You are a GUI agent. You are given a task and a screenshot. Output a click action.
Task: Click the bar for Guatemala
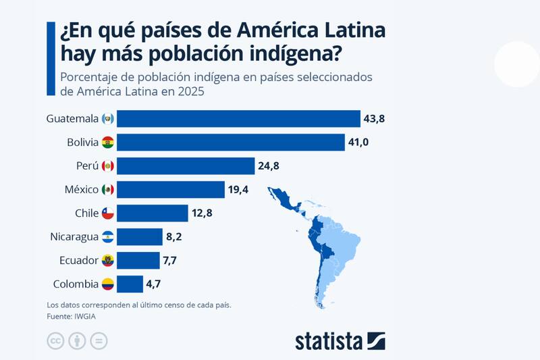tap(240, 119)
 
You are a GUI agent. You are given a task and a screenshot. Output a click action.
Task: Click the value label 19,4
tap(238, 190)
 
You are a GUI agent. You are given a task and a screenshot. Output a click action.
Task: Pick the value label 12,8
tap(202, 213)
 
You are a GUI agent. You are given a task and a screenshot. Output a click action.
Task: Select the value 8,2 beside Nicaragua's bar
tap(175, 237)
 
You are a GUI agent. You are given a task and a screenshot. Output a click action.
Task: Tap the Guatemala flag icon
tap(108, 119)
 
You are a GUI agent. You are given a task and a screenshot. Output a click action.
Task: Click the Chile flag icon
tap(108, 213)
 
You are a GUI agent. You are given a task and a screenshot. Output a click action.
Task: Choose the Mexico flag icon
tap(108, 190)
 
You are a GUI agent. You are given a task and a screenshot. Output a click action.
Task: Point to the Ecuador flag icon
tap(108, 260)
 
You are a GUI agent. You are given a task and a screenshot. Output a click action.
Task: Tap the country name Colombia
tap(74, 284)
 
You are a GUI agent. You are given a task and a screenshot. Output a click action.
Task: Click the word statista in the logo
tap(329, 341)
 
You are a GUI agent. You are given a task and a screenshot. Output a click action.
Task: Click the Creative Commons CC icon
tap(55, 341)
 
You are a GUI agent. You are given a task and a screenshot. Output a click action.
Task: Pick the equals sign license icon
tap(99, 341)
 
